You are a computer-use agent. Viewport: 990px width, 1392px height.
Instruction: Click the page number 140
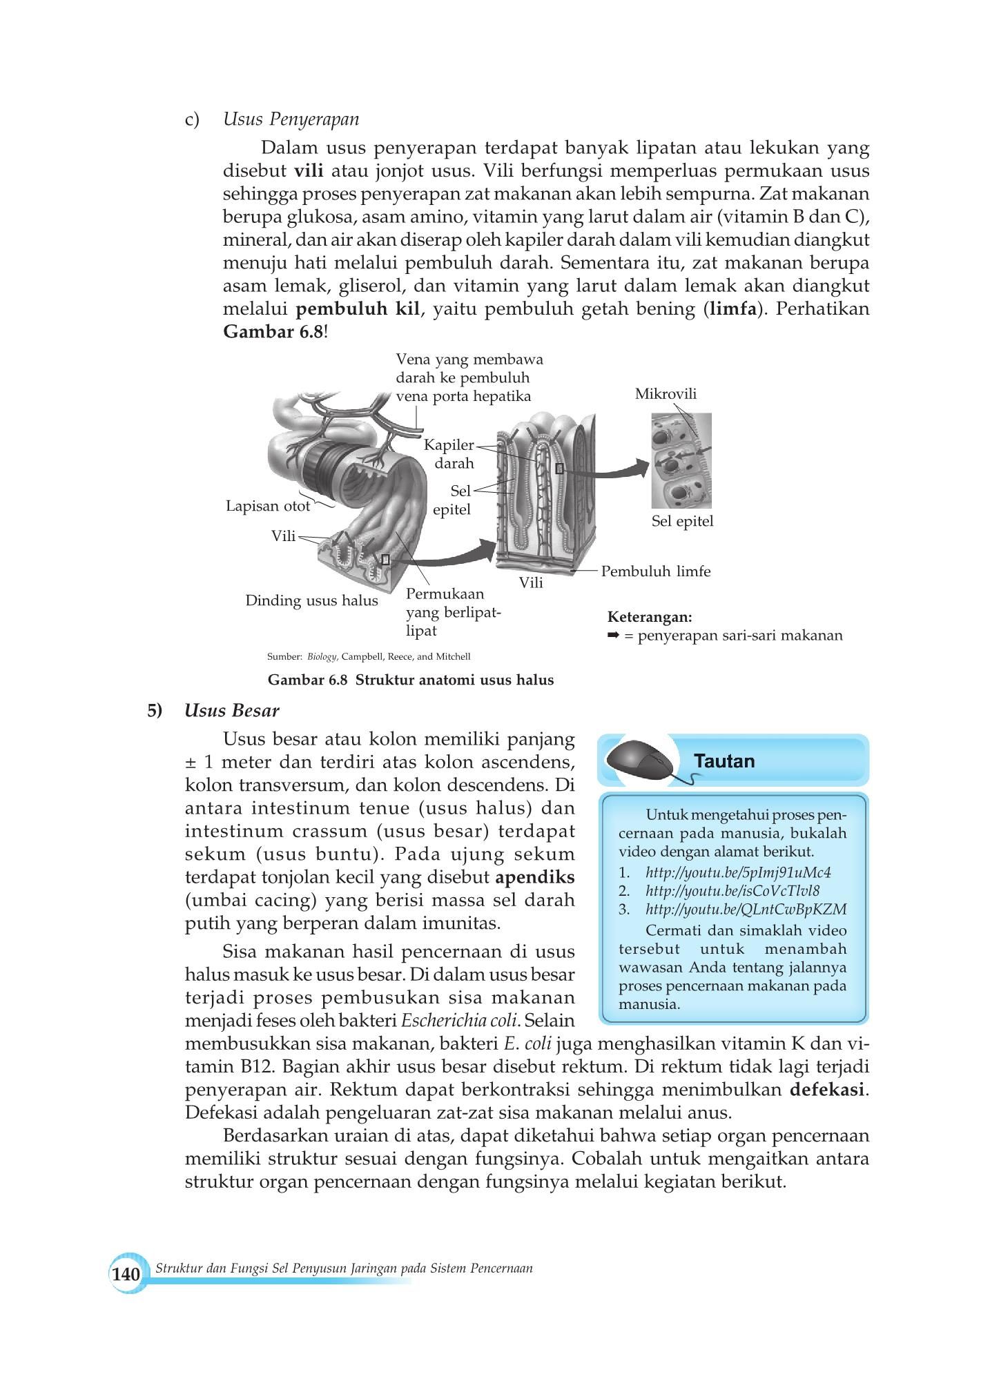coord(126,1273)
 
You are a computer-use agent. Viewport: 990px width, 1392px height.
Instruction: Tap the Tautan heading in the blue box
coord(724,761)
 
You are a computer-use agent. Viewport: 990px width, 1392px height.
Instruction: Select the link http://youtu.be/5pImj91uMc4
coord(738,872)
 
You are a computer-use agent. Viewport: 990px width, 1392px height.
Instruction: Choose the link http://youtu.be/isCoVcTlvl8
coord(732,890)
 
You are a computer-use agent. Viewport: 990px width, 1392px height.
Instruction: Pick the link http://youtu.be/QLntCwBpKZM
coord(746,909)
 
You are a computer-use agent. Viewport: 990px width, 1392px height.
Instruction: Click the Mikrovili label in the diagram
coord(666,394)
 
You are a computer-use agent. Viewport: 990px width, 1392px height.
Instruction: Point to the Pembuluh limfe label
coord(655,571)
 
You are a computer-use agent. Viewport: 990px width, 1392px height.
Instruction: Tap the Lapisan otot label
coord(268,506)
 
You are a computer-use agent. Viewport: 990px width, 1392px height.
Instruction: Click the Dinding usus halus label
coord(311,600)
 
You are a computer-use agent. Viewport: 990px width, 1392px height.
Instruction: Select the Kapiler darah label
coord(450,453)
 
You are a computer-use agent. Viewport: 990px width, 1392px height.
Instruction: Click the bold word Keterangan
coord(650,617)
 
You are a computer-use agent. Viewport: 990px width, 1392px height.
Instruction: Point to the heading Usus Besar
coord(232,711)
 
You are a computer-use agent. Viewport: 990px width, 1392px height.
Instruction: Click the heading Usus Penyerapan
coord(291,119)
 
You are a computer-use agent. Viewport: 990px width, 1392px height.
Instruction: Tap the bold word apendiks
coord(535,878)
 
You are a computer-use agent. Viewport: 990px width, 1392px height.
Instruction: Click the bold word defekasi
coord(828,1090)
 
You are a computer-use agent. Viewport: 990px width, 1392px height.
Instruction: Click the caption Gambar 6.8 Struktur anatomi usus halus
coord(411,680)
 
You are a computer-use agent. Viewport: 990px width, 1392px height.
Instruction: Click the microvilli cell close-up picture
coord(681,460)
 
